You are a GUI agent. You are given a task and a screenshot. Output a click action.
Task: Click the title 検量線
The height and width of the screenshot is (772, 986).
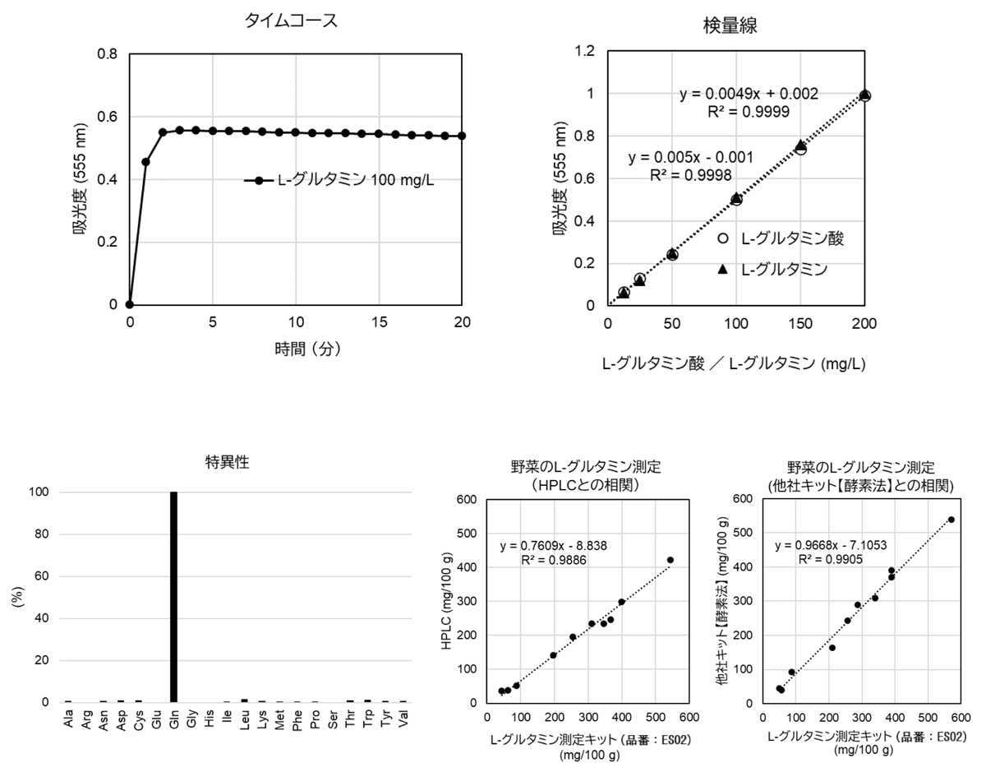coord(730,25)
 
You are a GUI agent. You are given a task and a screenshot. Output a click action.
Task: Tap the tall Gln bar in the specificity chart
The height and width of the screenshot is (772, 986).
coord(173,597)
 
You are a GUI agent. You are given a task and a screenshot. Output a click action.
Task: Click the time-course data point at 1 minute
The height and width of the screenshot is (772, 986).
coord(146,161)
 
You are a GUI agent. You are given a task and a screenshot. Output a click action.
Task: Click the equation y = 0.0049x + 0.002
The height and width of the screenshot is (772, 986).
coord(749,94)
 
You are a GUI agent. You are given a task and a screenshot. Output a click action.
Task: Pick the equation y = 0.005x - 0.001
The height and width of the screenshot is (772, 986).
coord(689,157)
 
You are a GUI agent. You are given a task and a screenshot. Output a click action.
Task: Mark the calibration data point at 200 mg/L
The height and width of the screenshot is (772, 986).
coord(865,95)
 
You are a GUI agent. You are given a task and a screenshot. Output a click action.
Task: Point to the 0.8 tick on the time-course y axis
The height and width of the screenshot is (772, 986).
coord(108,54)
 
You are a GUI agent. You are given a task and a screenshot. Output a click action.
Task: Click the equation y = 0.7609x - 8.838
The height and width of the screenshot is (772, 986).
coord(553,545)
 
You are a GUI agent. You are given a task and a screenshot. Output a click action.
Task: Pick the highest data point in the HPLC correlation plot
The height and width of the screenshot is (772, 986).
coord(670,560)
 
